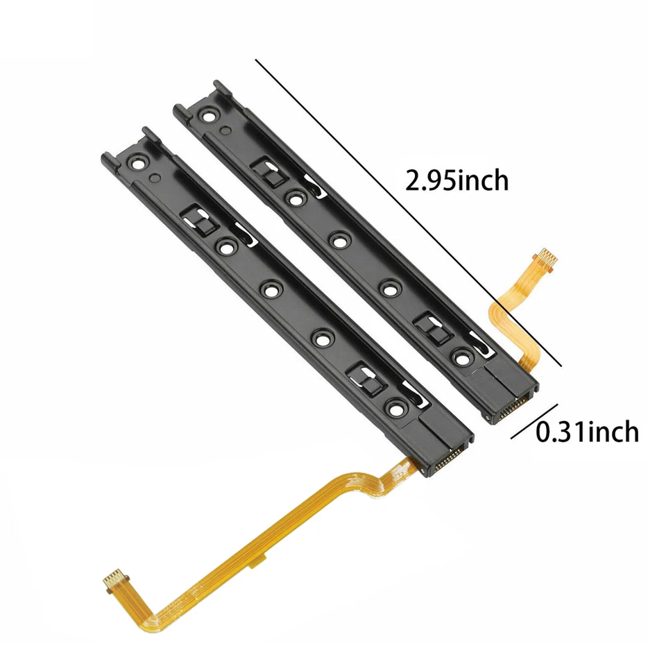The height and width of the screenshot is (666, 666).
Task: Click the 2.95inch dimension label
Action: click(456, 181)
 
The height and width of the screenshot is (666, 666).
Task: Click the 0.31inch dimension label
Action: click(587, 432)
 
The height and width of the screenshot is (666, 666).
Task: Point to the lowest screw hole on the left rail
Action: click(395, 409)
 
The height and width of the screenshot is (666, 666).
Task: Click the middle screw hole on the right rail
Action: click(339, 241)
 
